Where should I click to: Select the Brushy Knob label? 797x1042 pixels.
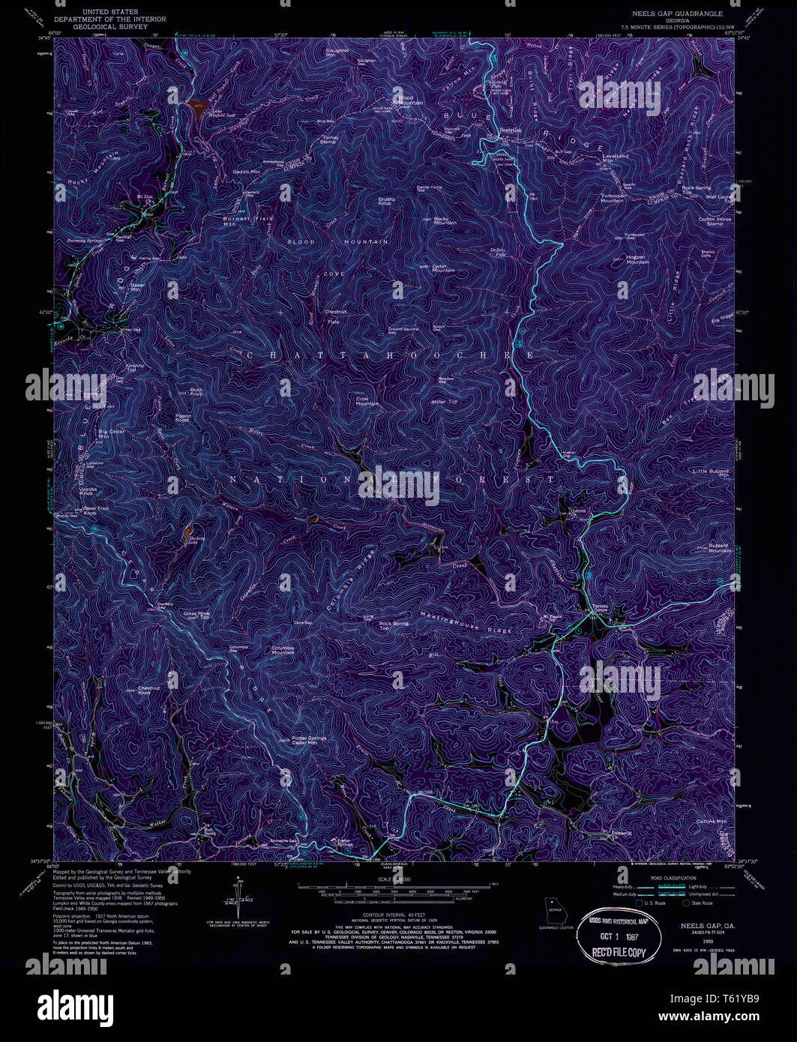point(386,202)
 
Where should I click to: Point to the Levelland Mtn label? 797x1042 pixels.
point(617,158)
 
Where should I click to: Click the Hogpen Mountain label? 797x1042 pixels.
point(637,259)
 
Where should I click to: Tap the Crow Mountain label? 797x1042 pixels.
point(367,402)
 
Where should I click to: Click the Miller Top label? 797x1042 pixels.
point(444,402)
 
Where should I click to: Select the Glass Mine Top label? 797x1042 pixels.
point(196,615)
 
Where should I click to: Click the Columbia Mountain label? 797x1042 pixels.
point(283,650)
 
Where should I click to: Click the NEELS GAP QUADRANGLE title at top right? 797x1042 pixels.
point(677,13)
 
